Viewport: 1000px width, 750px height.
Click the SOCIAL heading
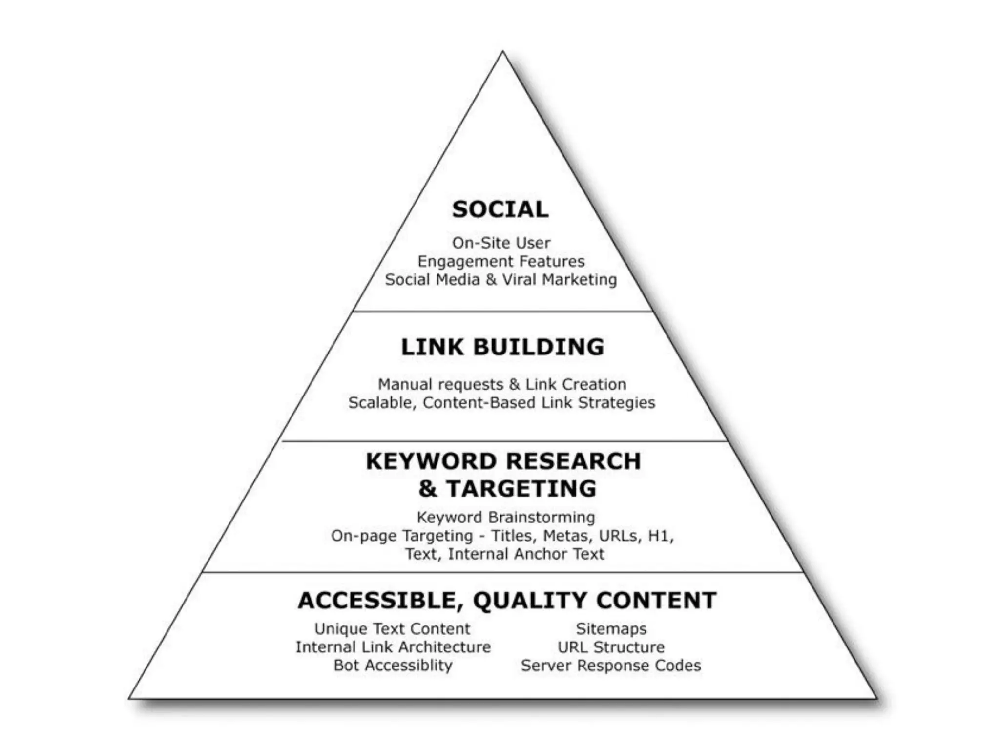pyautogui.click(x=500, y=209)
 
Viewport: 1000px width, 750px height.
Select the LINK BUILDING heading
pyautogui.click(x=502, y=347)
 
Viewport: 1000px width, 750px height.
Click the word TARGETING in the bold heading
pyautogui.click(x=521, y=489)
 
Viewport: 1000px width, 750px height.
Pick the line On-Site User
pyautogui.click(x=501, y=243)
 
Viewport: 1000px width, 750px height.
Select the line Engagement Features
pyautogui.click(x=501, y=261)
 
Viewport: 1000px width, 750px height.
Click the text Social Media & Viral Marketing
pyautogui.click(x=501, y=280)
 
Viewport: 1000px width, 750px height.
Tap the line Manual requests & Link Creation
pyautogui.click(x=502, y=384)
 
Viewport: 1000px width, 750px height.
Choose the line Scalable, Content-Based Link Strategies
pyautogui.click(x=501, y=403)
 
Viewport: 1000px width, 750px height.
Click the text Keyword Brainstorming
pyautogui.click(x=506, y=517)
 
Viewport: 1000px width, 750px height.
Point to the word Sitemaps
pyautogui.click(x=611, y=629)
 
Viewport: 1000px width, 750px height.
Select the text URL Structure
pyautogui.click(x=611, y=647)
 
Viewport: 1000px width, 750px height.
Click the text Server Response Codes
pyautogui.click(x=611, y=666)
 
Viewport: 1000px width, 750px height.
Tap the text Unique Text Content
pyautogui.click(x=392, y=629)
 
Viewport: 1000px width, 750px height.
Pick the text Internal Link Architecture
pyautogui.click(x=393, y=647)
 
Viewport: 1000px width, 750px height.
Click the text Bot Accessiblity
pyautogui.click(x=393, y=666)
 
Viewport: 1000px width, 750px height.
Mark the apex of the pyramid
pyautogui.click(x=502, y=52)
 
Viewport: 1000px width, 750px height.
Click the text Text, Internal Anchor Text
pyautogui.click(x=504, y=554)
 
